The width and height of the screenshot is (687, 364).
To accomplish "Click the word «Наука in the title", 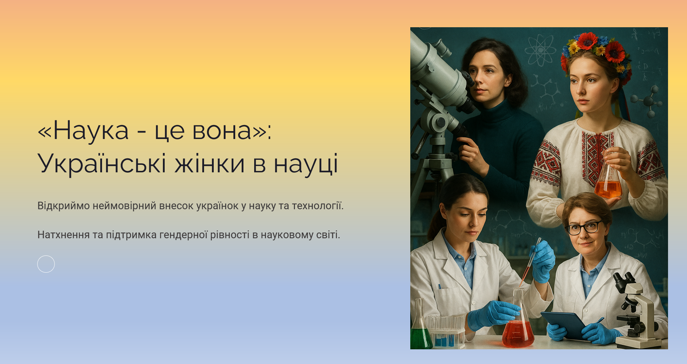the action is click(83, 131).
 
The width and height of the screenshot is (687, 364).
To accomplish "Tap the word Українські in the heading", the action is click(102, 163).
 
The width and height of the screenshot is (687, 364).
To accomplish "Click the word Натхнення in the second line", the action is click(63, 235).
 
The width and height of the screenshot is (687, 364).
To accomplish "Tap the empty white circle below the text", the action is click(46, 264).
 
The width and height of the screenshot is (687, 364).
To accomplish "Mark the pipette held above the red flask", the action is click(530, 261).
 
